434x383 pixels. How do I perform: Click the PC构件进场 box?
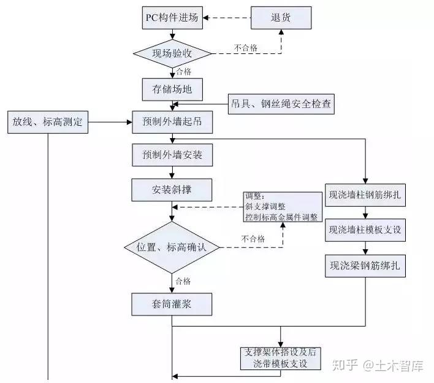[x=172, y=17]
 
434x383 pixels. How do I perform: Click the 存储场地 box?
[x=172, y=89]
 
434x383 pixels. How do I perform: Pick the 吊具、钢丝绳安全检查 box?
[x=281, y=104]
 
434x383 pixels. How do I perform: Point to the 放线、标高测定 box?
[x=47, y=122]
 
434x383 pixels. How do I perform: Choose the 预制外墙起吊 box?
[x=172, y=122]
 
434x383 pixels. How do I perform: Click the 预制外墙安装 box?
[x=172, y=156]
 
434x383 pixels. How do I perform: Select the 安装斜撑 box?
[x=172, y=190]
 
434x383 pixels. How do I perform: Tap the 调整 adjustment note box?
[x=282, y=207]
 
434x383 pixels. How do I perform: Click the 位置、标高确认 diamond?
[x=172, y=247]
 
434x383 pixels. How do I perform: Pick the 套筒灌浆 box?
[x=172, y=303]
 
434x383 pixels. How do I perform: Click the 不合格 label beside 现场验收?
[x=245, y=47]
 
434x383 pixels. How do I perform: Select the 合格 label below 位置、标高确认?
[x=183, y=281]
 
